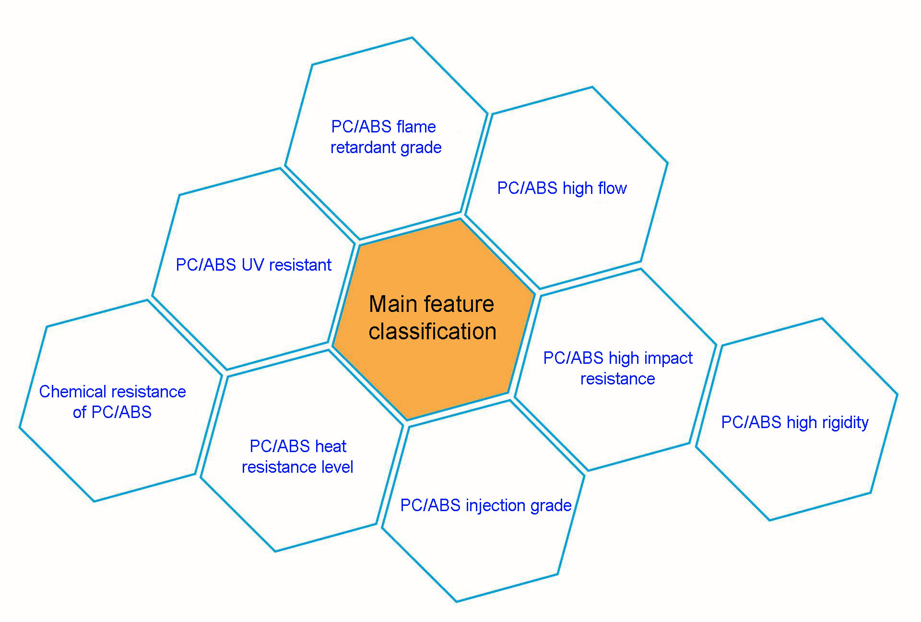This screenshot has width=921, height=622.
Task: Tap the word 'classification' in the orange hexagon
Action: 432,332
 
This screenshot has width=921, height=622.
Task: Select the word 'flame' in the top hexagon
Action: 416,127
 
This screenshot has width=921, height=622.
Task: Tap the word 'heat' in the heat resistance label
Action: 331,446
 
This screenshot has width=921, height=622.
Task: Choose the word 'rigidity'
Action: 845,422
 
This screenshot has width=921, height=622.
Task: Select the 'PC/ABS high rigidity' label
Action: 795,422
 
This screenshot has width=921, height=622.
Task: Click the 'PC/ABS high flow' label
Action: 562,188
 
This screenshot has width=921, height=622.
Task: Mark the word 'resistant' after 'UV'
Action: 300,265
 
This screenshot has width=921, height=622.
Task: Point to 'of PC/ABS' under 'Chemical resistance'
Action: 112,412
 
